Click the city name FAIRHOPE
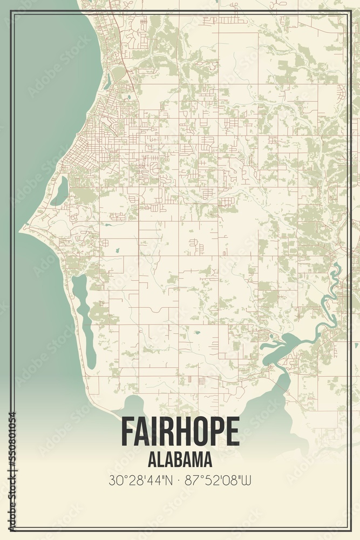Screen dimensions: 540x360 pyautogui.click(x=180, y=431)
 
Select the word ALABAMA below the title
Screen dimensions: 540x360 pyautogui.click(x=180, y=460)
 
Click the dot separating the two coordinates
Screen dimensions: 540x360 pyautogui.click(x=180, y=480)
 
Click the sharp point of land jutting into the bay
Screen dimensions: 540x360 pyautogui.click(x=22, y=230)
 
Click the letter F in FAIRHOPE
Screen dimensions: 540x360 pyautogui.click(x=126, y=431)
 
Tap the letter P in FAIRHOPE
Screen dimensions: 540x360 pyautogui.click(x=214, y=431)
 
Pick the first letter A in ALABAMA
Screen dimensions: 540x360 pyautogui.click(x=152, y=460)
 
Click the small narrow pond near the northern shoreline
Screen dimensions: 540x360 pyautogui.click(x=108, y=81)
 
